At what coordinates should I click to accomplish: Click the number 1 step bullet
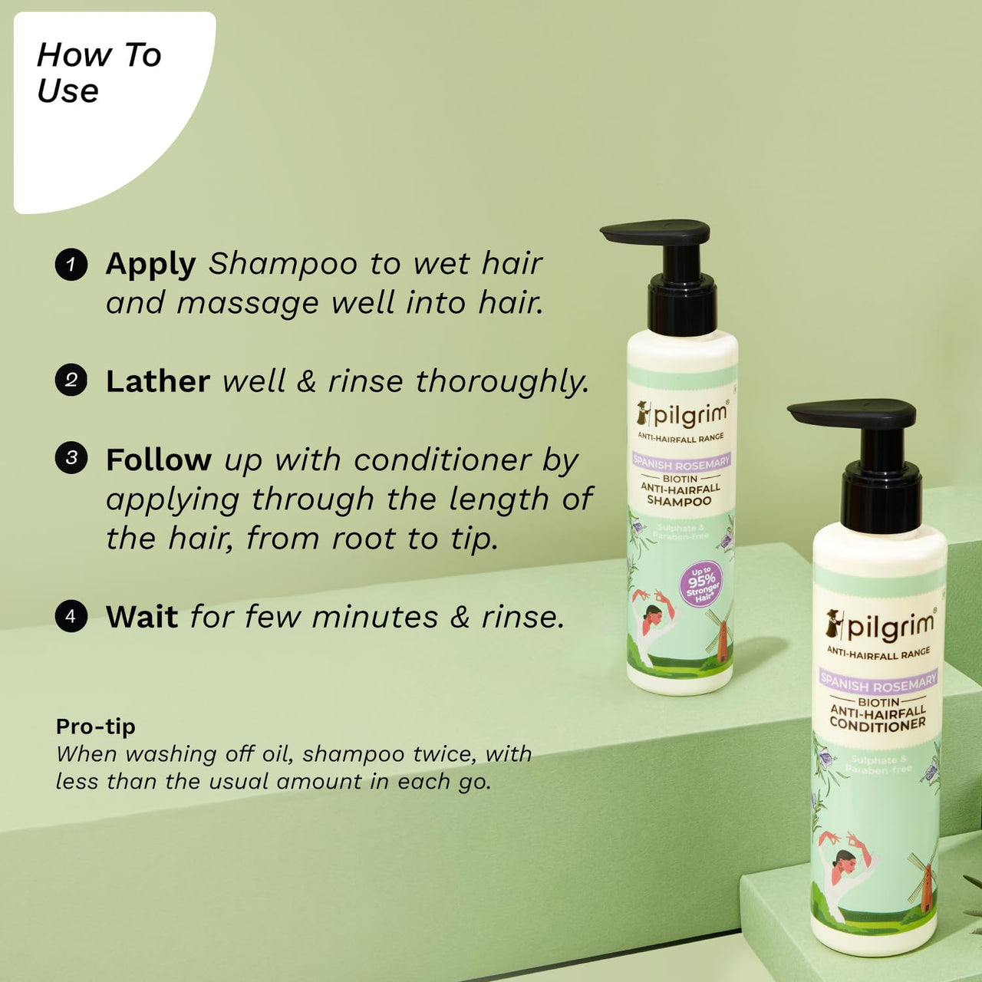point(71,265)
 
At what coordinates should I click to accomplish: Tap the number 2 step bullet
point(71,380)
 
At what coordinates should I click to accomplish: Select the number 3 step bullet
point(71,458)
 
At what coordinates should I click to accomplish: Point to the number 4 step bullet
point(71,616)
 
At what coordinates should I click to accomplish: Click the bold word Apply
point(150,265)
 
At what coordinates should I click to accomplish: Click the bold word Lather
point(157,381)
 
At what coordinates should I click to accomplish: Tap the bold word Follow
point(158,460)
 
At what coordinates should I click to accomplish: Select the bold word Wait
point(142,617)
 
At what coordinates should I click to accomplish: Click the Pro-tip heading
point(95,726)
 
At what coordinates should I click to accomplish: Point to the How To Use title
point(99,73)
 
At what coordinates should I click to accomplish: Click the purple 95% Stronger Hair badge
point(701,585)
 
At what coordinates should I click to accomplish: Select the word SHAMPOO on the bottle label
point(679,501)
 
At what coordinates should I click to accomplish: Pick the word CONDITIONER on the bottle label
point(878,724)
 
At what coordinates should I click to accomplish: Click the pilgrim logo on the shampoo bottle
point(681,414)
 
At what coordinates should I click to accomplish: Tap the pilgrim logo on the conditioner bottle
point(880,626)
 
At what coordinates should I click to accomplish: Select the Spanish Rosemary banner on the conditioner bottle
point(878,682)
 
